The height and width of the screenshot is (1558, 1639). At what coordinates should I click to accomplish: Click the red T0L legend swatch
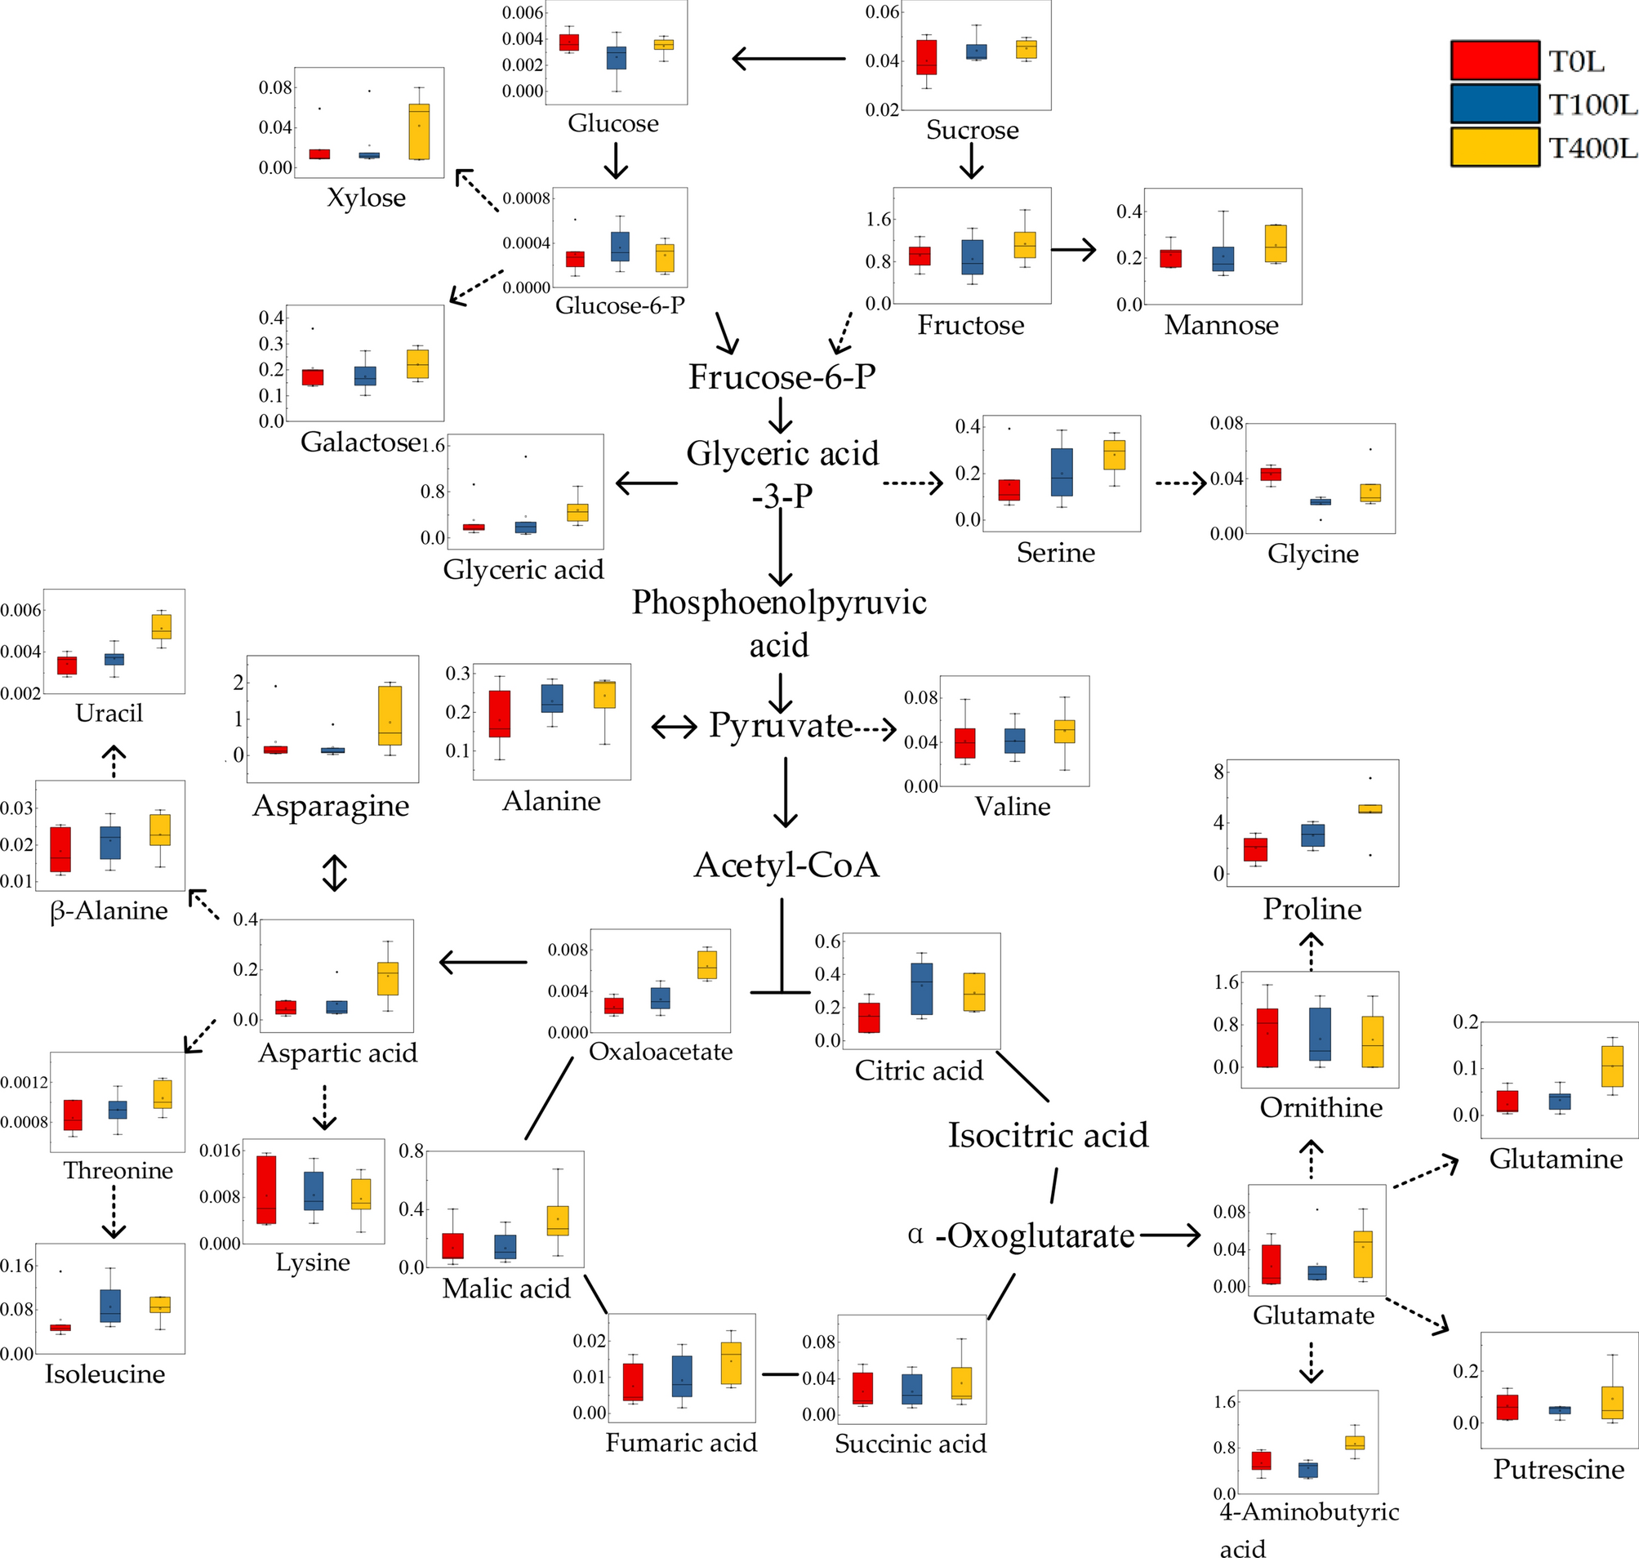point(1494,60)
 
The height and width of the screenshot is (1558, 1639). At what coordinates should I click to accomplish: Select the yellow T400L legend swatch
point(1494,147)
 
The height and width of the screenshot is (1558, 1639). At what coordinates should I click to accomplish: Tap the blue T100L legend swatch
point(1494,104)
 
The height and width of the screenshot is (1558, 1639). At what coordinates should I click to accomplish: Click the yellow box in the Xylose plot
point(420,131)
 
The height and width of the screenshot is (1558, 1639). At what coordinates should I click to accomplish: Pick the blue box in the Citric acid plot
point(921,988)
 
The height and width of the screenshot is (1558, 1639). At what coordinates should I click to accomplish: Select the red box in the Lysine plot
point(266,1189)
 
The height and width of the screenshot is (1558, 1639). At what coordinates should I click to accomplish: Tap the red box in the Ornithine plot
point(1267,1037)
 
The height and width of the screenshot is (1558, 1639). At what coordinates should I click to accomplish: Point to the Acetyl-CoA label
point(786,866)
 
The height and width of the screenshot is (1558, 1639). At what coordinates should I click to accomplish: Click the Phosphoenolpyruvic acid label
point(778,623)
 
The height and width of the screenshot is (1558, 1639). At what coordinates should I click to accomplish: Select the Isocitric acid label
point(1049,1135)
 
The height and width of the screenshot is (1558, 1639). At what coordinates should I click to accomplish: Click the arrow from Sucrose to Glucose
point(788,59)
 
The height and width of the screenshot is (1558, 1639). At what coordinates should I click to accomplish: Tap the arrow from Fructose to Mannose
point(1073,249)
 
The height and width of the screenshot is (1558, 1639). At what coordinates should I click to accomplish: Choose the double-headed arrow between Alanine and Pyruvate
point(674,728)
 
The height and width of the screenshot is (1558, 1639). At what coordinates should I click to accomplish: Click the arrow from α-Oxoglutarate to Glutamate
point(1169,1235)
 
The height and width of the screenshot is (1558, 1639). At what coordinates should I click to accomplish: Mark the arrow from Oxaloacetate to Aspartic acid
point(483,963)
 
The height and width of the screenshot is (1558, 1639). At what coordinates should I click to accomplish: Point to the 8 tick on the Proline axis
point(1218,772)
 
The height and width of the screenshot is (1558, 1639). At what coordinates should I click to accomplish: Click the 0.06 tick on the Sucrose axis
point(882,12)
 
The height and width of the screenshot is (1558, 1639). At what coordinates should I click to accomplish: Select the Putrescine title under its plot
point(1558,1469)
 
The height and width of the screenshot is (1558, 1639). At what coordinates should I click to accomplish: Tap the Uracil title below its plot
point(109,714)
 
